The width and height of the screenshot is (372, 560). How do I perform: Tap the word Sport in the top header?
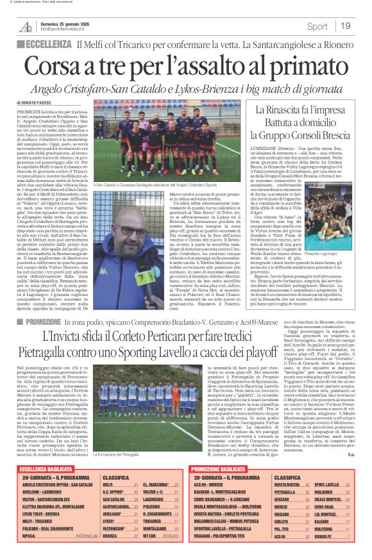[317, 26]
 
